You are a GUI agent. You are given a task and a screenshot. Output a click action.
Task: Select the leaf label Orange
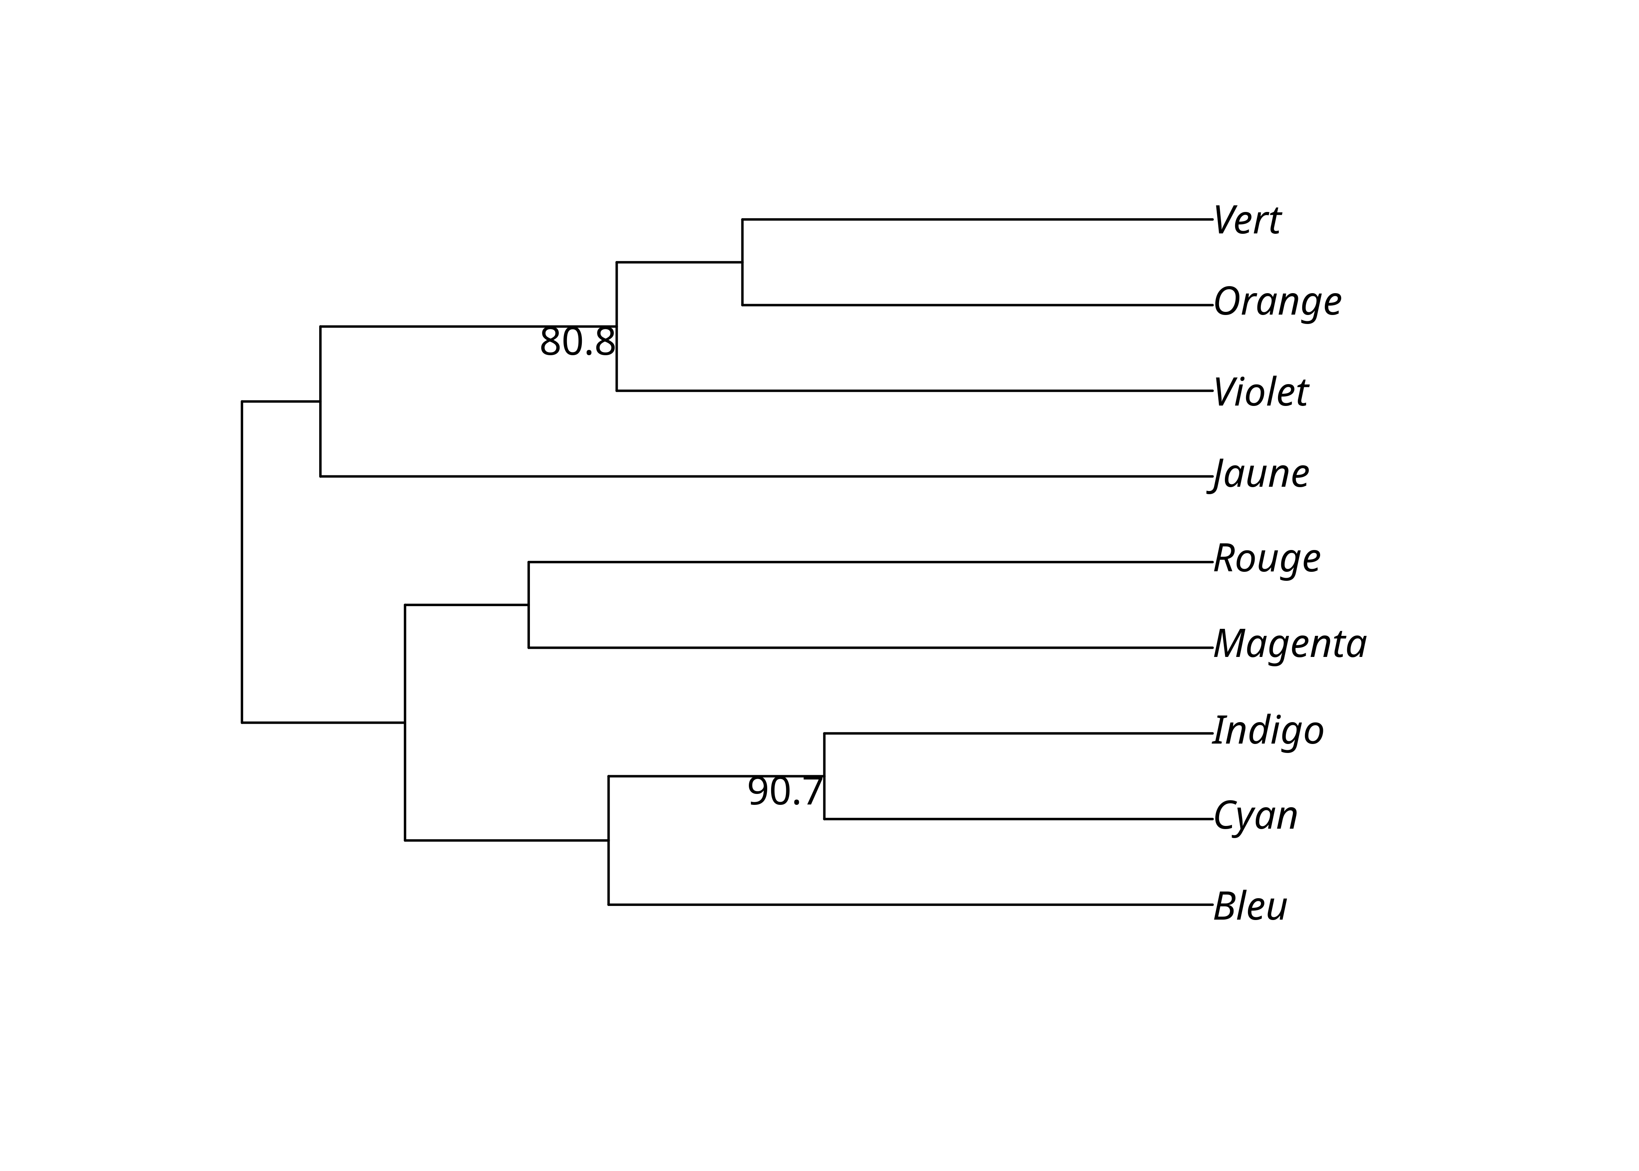pos(1277,302)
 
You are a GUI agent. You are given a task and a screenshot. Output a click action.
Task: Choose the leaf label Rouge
pos(1266,559)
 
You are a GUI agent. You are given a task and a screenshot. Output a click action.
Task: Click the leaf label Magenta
pos(1289,644)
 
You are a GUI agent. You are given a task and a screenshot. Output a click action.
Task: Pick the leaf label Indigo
pos(1268,730)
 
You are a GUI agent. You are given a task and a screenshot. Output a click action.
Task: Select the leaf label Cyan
pos(1255,816)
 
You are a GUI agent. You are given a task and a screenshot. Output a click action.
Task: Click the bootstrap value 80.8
pos(577,342)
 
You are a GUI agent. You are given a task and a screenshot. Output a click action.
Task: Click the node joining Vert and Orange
pos(742,262)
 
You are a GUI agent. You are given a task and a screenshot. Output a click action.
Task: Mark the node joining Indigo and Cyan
pos(824,776)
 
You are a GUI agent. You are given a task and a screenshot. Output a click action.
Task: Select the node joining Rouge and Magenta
pos(528,605)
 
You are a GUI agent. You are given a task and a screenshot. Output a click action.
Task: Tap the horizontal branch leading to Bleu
pos(908,904)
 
